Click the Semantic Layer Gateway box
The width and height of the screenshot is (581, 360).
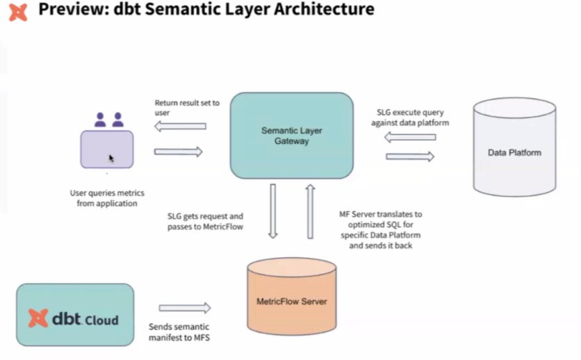click(x=291, y=135)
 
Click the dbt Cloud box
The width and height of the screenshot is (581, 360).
click(x=75, y=315)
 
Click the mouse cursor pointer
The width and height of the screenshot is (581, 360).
click(x=111, y=158)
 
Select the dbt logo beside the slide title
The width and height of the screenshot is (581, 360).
click(x=18, y=10)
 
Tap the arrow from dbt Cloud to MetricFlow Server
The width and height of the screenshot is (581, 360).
click(x=184, y=308)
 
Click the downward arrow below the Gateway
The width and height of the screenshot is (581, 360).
click(x=274, y=211)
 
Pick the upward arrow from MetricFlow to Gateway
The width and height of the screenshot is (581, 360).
click(x=310, y=211)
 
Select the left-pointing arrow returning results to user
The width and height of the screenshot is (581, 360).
click(x=180, y=126)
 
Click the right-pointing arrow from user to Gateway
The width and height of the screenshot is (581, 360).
click(x=178, y=152)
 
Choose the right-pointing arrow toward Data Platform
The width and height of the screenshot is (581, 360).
click(x=409, y=156)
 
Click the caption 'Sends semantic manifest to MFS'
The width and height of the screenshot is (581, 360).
click(x=179, y=332)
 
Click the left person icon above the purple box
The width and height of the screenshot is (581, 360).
click(x=100, y=120)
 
